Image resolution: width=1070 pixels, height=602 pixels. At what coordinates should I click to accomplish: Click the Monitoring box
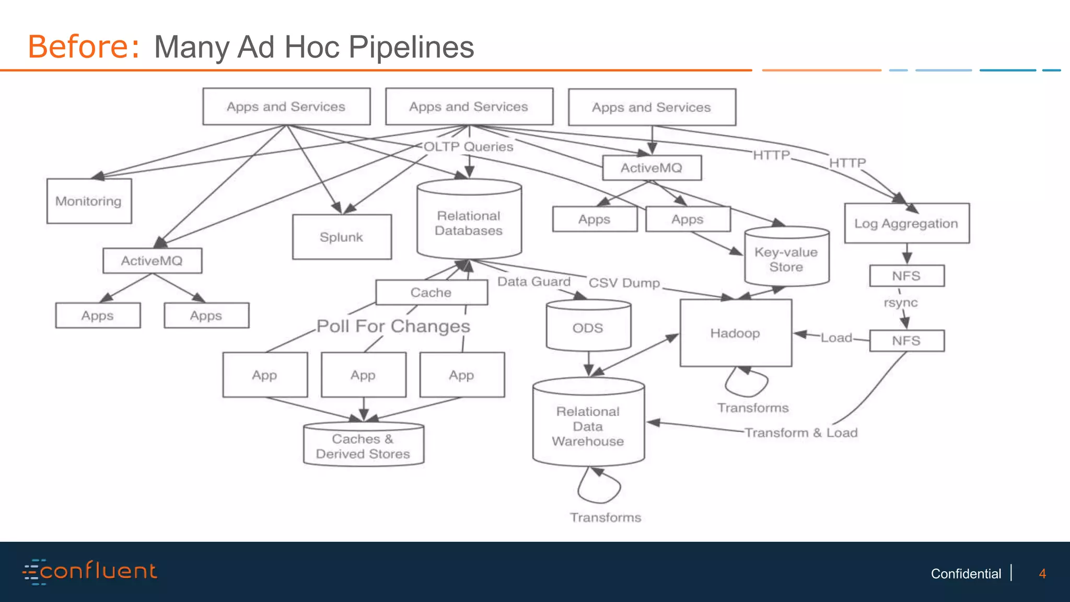[89, 201]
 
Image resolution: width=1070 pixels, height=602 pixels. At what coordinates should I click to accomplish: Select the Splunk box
[342, 237]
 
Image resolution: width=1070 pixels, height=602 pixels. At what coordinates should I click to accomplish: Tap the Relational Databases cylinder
[469, 223]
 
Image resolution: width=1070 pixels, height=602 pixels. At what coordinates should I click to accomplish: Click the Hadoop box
[735, 333]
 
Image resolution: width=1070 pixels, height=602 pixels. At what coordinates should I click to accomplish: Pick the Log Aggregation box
[906, 223]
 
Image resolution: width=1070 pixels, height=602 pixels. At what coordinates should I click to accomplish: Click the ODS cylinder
[588, 328]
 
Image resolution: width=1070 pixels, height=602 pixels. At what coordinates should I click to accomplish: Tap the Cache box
[431, 292]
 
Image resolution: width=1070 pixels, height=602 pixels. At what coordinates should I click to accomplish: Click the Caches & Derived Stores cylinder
[363, 446]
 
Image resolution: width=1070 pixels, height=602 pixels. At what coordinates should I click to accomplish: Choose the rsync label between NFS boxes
[901, 303]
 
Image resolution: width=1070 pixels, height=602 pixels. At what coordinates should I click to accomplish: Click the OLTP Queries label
[468, 147]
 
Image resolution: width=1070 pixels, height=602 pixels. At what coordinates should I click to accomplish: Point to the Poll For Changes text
[393, 326]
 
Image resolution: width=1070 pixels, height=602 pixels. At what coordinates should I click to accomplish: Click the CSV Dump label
[624, 283]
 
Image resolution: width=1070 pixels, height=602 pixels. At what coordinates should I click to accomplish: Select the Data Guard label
[533, 282]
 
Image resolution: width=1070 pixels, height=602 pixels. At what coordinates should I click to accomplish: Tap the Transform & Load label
[801, 433]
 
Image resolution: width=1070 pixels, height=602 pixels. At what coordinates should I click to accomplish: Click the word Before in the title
[84, 47]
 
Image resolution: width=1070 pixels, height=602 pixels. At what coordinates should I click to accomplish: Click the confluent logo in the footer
[90, 571]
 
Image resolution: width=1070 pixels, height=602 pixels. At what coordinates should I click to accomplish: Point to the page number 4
[1042, 574]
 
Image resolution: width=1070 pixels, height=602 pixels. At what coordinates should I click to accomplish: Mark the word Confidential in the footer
[966, 574]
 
